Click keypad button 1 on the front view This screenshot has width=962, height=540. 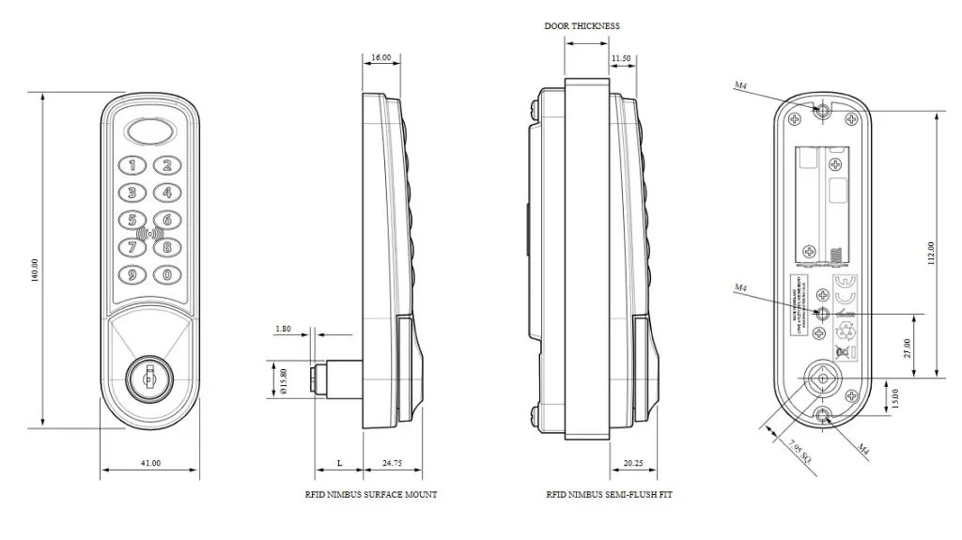coord(132,167)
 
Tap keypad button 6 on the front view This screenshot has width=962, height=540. coord(166,222)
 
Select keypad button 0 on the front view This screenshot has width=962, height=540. coord(166,275)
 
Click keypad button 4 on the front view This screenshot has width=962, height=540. coord(166,193)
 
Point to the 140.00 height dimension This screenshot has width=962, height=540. coord(36,270)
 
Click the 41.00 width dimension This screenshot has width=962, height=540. coord(149,463)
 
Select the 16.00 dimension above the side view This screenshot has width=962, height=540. coord(380,58)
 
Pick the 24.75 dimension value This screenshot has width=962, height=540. coord(392,464)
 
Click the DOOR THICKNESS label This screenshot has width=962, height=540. coord(582,26)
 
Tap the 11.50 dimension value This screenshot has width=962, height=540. coord(621,58)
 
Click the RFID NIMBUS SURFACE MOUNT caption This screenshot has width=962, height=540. coord(370,494)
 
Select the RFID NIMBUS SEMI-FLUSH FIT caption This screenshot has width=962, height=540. coord(609,494)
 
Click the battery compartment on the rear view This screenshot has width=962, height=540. coord(823,202)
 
